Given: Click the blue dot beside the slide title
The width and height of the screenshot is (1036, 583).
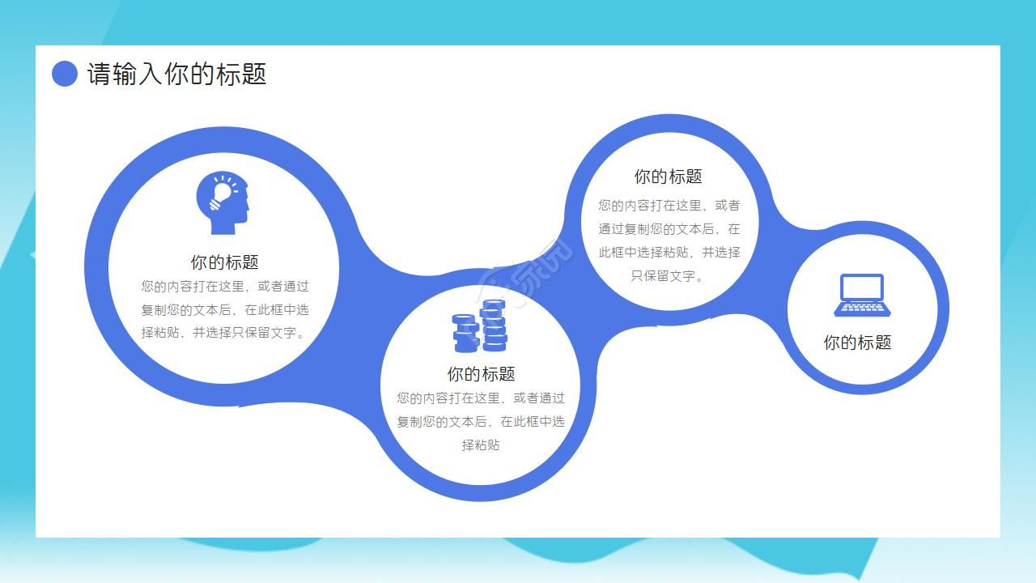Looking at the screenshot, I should point(65,74).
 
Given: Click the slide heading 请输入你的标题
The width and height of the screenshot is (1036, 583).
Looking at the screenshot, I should point(176,74).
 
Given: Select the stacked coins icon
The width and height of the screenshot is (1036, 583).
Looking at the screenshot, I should point(480,326).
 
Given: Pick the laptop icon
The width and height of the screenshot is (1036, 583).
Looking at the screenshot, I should point(862,296).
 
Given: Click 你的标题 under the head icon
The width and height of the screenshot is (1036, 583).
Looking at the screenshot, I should point(224,262).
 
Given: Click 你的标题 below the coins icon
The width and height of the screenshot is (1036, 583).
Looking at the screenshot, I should point(481,374).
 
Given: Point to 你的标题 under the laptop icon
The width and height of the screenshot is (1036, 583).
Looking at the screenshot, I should point(857,343).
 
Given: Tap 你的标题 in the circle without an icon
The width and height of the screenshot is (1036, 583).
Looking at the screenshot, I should point(668,177).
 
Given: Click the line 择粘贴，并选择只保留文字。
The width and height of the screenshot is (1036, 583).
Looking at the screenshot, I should point(224,332).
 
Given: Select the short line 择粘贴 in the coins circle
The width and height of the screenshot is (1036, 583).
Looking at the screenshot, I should point(481,445).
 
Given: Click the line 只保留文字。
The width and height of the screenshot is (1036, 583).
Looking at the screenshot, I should point(668,275).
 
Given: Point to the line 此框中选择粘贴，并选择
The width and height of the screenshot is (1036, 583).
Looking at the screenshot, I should point(669,252).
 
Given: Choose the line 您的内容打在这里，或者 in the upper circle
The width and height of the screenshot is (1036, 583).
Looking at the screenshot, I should point(669,206).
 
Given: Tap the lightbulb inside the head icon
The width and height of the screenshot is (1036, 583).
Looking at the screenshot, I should point(221,193).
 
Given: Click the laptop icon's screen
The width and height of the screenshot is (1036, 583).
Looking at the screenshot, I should point(862,288).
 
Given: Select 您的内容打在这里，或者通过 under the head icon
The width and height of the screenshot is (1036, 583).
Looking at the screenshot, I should point(224,286).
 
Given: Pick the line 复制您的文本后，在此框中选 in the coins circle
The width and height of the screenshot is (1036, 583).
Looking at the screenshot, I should point(481,421).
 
